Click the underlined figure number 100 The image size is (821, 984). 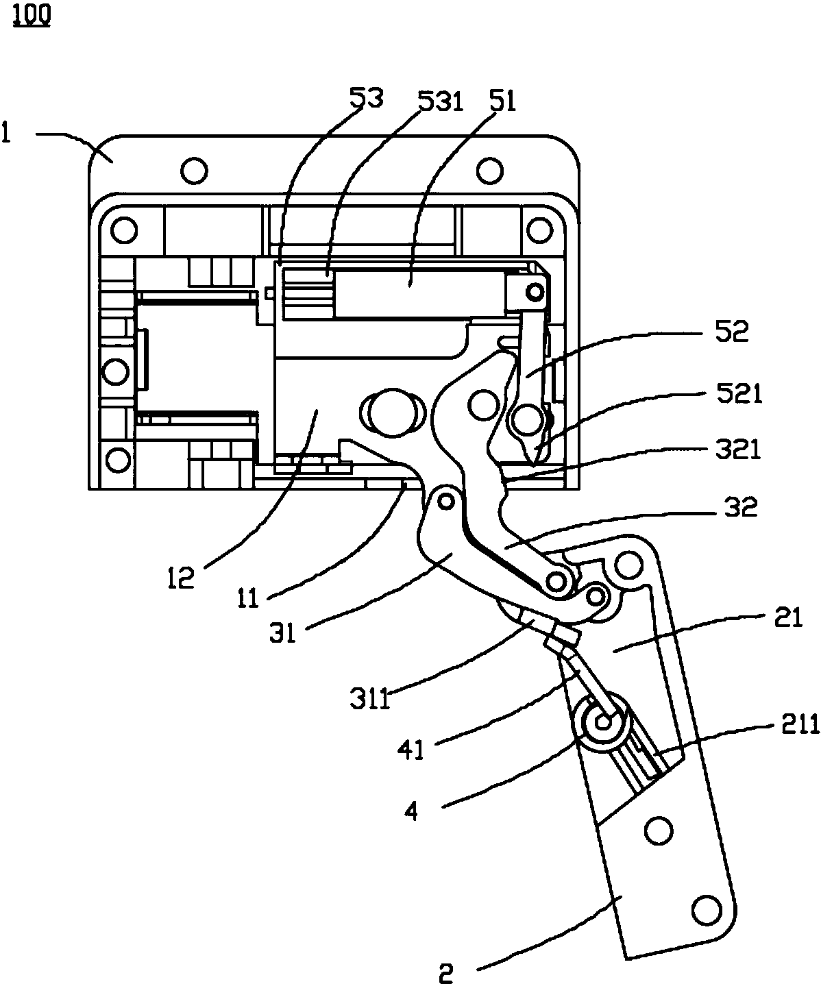tap(32, 16)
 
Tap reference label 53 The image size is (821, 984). tap(366, 99)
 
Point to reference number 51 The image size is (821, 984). tap(503, 101)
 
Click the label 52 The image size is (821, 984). tap(732, 331)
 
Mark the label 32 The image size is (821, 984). tap(741, 506)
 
